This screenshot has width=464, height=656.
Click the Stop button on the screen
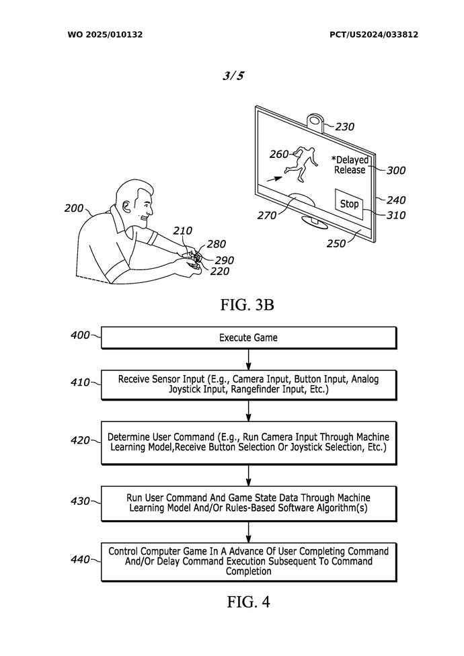tap(349, 204)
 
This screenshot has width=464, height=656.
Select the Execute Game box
tap(248, 337)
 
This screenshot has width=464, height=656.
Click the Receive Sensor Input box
tap(248, 384)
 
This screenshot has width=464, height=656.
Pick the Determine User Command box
tap(248, 442)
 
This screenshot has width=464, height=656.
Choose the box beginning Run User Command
tap(248, 503)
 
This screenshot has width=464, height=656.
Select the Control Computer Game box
tap(248, 561)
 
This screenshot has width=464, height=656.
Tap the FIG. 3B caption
tap(247, 304)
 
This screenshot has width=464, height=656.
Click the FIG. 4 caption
tap(248, 602)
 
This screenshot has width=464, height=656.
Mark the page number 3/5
tap(233, 76)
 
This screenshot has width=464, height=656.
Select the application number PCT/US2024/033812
tap(373, 34)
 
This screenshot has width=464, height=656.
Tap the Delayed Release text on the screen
tap(349, 165)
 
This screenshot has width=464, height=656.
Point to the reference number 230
tap(344, 126)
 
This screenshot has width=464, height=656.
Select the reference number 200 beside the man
tap(74, 208)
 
